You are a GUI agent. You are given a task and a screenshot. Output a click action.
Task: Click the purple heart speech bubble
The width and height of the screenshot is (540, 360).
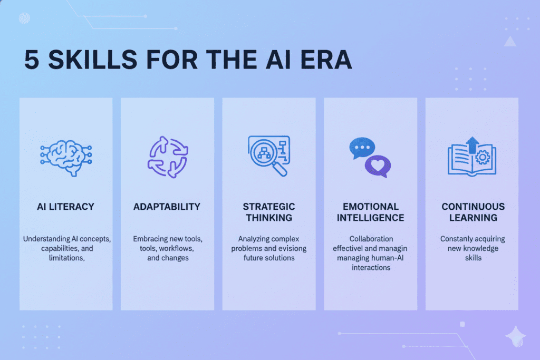pyautogui.click(x=378, y=166)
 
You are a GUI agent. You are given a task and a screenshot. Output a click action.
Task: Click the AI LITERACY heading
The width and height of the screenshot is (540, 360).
pyautogui.click(x=65, y=207)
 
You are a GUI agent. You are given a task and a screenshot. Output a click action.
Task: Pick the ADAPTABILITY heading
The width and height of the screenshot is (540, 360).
pyautogui.click(x=167, y=207)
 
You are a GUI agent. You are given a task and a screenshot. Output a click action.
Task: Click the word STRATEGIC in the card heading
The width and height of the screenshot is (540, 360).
pyautogui.click(x=269, y=206)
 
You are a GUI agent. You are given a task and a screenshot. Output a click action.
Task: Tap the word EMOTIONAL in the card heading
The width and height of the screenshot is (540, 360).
pyautogui.click(x=370, y=206)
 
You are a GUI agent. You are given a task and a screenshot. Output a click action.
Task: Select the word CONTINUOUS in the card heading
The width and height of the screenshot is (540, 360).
pyautogui.click(x=473, y=206)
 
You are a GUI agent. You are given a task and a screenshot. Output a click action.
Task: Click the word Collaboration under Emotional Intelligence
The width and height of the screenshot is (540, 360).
pyautogui.click(x=370, y=239)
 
